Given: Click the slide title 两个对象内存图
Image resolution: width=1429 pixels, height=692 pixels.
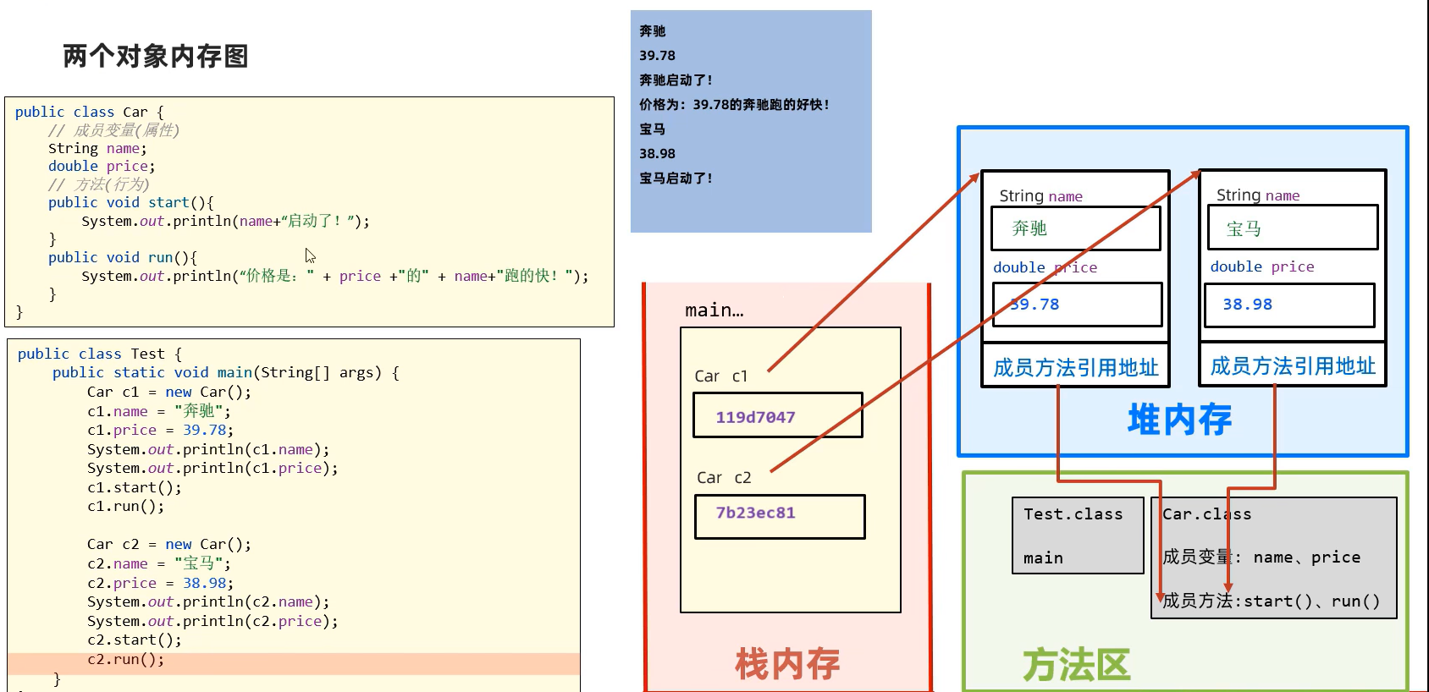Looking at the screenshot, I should (156, 57).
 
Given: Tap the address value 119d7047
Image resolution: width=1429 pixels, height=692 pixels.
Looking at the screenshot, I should (755, 417).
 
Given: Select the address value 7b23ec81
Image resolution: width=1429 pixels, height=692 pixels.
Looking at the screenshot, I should (755, 513).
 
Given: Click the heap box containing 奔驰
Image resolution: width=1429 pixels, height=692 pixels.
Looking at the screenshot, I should (1075, 228).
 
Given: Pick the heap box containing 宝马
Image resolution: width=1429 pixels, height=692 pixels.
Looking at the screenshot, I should (1292, 228).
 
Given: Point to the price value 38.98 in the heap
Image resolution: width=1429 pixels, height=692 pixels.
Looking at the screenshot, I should (1247, 305).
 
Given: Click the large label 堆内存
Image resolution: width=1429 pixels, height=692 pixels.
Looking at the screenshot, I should (1179, 420).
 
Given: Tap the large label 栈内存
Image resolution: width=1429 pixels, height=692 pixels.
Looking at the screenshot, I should (787, 664).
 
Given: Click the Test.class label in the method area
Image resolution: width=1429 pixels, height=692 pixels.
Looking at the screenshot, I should (1073, 514).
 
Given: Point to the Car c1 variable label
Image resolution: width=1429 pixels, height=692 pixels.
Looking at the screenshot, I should (721, 376).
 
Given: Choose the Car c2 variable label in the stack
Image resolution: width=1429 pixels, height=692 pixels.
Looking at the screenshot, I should (724, 478).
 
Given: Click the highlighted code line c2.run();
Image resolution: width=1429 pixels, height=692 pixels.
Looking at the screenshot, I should (126, 660).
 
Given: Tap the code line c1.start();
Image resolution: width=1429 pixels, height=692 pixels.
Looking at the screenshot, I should (134, 487).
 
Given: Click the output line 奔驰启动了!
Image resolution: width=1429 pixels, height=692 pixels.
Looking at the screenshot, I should (676, 80).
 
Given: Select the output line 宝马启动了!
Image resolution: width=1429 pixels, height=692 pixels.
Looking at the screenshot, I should (676, 178).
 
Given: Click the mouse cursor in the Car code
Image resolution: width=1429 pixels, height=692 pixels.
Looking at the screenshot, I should (309, 255).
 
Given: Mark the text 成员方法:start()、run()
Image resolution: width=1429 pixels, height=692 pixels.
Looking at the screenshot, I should (1271, 601).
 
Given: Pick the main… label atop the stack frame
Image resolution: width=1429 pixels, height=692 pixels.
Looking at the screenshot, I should (714, 310).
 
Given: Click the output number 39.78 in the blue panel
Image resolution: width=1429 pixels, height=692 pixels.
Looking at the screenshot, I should (657, 56).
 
